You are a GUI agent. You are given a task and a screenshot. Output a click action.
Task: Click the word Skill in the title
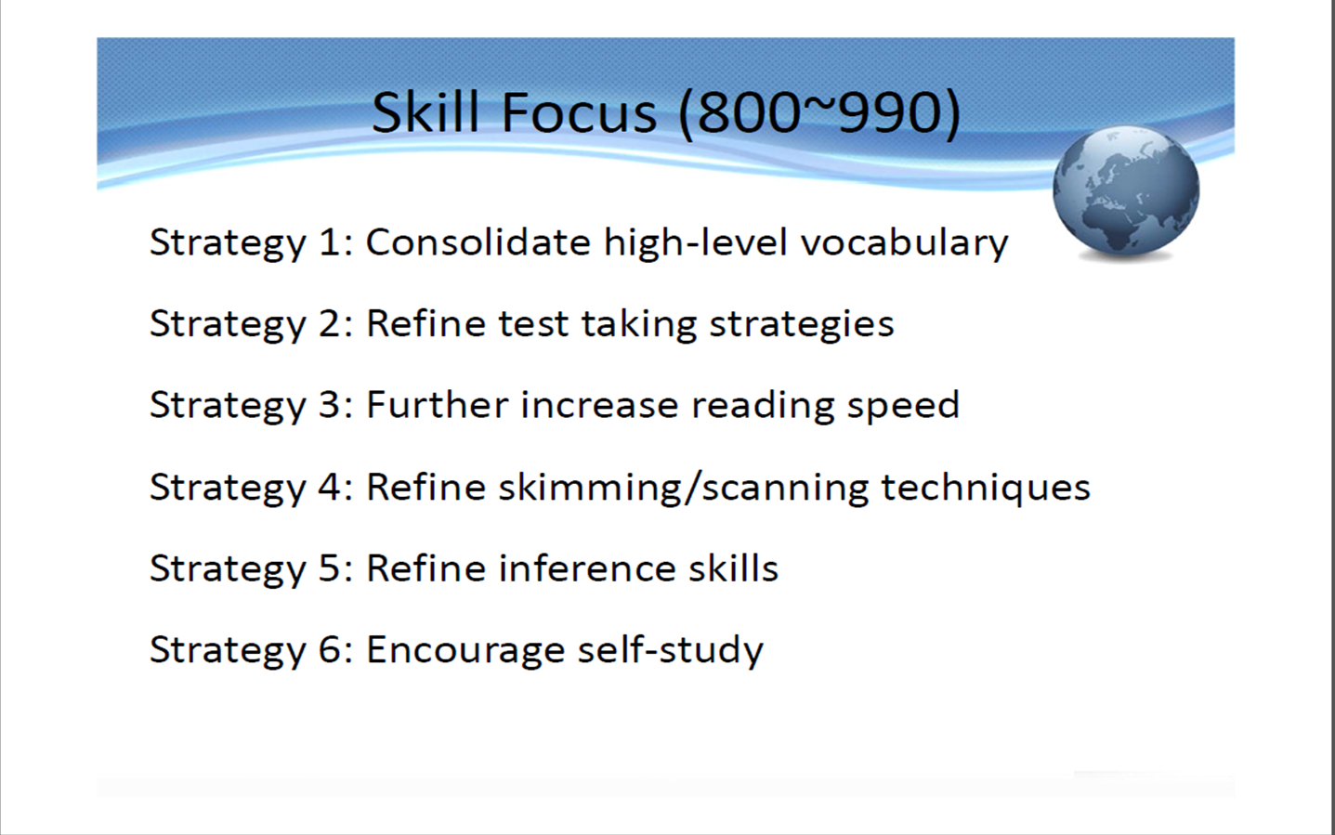[x=425, y=111]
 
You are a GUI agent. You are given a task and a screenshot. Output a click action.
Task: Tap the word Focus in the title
[x=580, y=111]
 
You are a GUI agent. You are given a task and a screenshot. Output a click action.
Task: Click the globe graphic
[x=1126, y=192]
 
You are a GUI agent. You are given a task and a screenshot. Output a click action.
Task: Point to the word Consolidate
[x=478, y=242]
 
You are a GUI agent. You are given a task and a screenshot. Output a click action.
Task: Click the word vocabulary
[x=904, y=243]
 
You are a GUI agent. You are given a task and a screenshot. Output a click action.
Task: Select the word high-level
[x=696, y=243]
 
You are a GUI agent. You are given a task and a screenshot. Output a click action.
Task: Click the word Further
[x=437, y=405]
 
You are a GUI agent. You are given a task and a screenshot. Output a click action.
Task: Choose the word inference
[x=587, y=568]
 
